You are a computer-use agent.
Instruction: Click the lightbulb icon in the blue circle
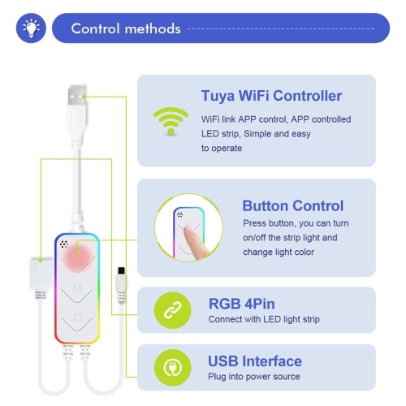coord(31,28)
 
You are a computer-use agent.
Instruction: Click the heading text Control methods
coord(126,28)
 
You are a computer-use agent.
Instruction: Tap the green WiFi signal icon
coord(171,121)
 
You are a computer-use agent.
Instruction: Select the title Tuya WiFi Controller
coord(271,96)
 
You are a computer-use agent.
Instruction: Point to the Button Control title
coord(293,205)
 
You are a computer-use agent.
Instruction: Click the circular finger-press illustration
coord(188,227)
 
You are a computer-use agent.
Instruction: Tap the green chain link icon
coord(172,310)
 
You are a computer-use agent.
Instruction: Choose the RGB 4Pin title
coord(242,304)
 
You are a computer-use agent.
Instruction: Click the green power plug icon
coord(172,368)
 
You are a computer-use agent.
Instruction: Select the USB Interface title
coord(255,361)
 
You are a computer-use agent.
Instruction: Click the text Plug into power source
coord(254,377)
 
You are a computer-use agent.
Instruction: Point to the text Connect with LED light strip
coord(264,319)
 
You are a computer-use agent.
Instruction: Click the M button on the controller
coord(77,289)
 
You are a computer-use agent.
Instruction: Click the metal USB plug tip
coord(77,96)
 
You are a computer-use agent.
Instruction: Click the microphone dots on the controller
coord(64,244)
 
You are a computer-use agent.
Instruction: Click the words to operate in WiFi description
coord(222,149)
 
